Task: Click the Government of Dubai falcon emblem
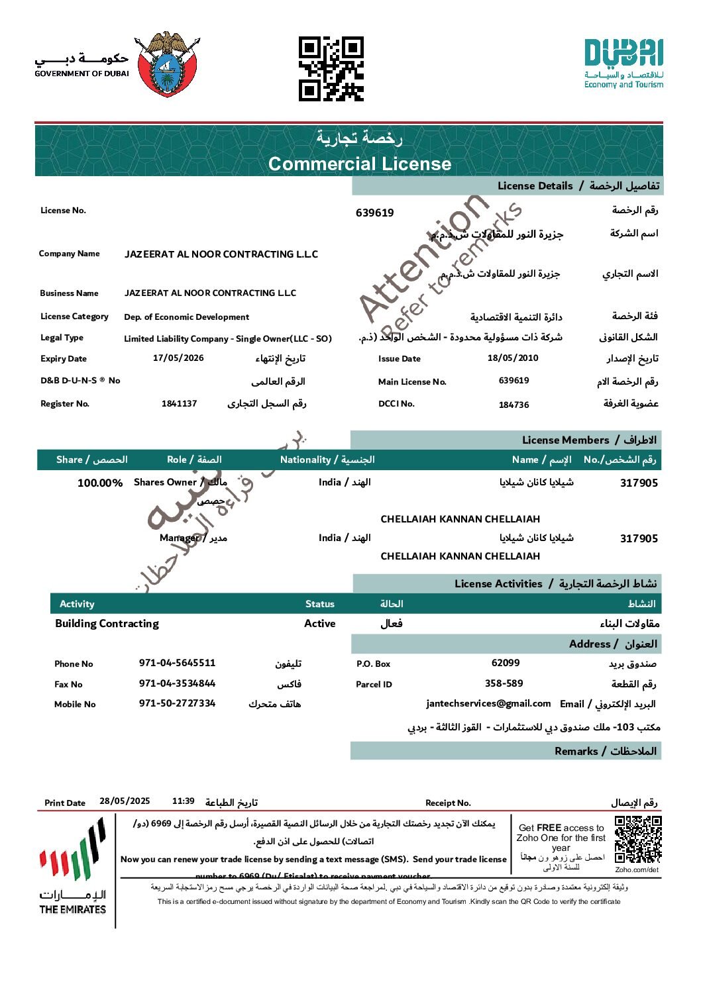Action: pos(168,65)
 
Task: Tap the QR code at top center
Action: pos(331,69)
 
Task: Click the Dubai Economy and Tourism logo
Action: pos(623,64)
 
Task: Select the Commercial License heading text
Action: pos(360,164)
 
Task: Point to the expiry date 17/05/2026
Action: pos(178,358)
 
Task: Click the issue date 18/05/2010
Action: pos(513,358)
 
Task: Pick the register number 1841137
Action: pos(179,403)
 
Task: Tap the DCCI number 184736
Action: pos(513,405)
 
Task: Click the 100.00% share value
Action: pos(100,483)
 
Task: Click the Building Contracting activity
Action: pos(107,623)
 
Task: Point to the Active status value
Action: pos(320,623)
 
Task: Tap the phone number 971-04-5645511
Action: pos(177,663)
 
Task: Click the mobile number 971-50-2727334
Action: pos(177,703)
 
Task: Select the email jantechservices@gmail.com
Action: pos(488,703)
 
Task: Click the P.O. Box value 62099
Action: pos(506,663)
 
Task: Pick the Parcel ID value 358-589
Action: pos(504,683)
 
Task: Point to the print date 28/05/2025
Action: pos(125,801)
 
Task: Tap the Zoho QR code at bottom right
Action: pos(637,840)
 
